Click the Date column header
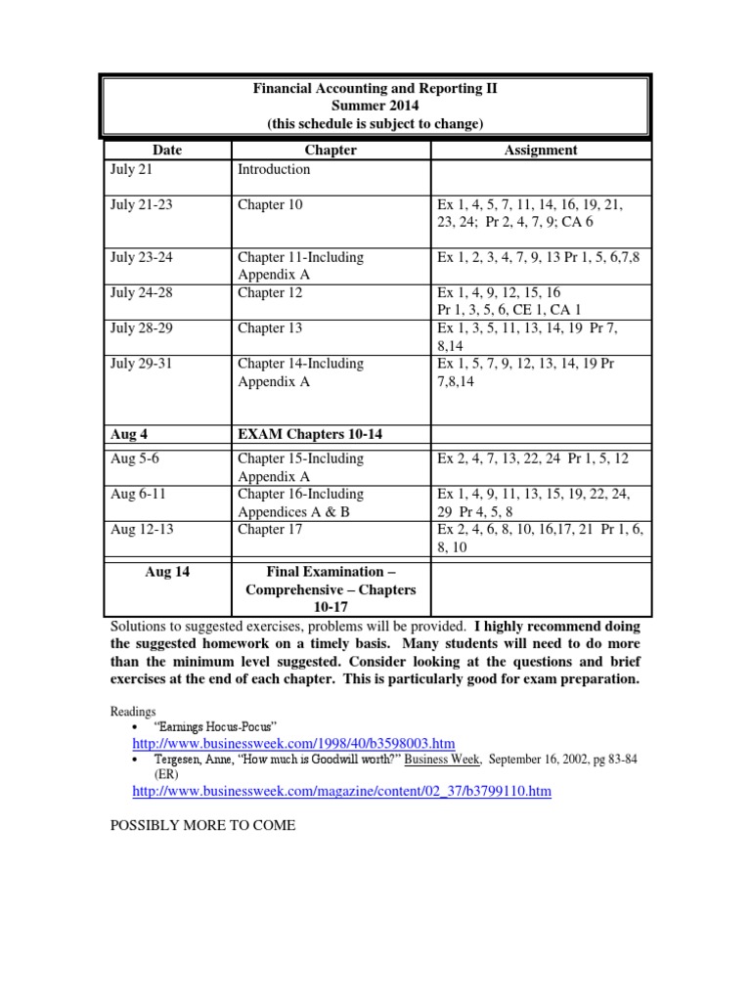click(x=167, y=151)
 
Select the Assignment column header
click(x=540, y=151)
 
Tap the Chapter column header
click(x=331, y=151)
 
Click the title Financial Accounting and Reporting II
click(x=375, y=88)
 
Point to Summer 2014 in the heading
click(x=375, y=106)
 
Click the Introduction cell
click(x=274, y=169)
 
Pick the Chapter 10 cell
click(x=270, y=204)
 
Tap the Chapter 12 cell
click(x=270, y=292)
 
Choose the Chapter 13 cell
click(x=270, y=327)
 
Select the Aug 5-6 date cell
click(x=136, y=458)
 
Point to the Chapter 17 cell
click(x=270, y=529)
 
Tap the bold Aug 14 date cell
click(x=167, y=572)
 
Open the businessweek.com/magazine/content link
click(x=341, y=791)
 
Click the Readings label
click(x=133, y=712)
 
